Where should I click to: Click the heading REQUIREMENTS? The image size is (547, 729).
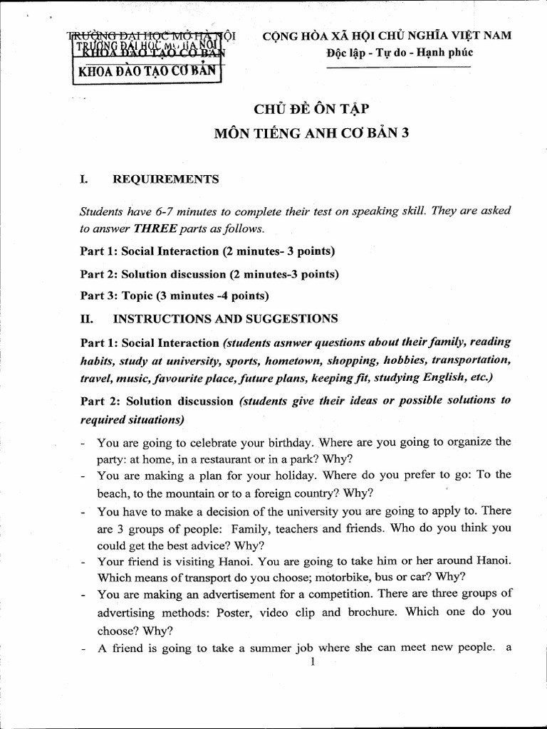pos(166,179)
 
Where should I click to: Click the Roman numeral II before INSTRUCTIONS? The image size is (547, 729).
pos(85,319)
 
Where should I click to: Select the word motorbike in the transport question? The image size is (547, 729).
pos(330,576)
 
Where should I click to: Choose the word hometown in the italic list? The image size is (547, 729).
pos(305,360)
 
